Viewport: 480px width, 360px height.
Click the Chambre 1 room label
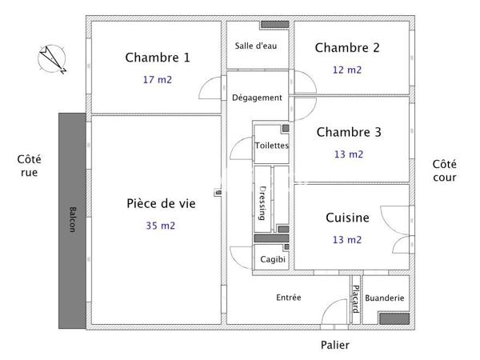pyautogui.click(x=158, y=58)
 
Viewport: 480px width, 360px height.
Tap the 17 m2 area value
pyautogui.click(x=158, y=80)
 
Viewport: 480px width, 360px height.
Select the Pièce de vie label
pyautogui.click(x=161, y=203)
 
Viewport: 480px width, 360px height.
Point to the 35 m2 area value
pyautogui.click(x=161, y=226)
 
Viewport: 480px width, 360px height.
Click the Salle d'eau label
pyautogui.click(x=256, y=46)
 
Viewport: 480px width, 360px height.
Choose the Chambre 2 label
pyautogui.click(x=347, y=48)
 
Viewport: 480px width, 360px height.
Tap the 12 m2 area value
pyautogui.click(x=347, y=70)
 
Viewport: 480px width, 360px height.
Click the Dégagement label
pyautogui.click(x=257, y=98)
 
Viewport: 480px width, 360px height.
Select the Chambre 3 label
pyautogui.click(x=349, y=132)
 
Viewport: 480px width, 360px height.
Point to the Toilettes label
pyautogui.click(x=272, y=146)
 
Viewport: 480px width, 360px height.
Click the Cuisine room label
pyautogui.click(x=347, y=218)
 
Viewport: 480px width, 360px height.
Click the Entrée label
pyautogui.click(x=289, y=298)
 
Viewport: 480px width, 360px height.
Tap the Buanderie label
pyautogui.click(x=385, y=298)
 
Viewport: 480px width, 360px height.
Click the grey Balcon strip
pyautogui.click(x=72, y=220)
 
